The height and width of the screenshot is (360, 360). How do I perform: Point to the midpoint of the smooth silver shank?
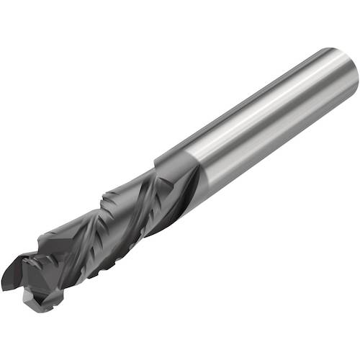[259, 122]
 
